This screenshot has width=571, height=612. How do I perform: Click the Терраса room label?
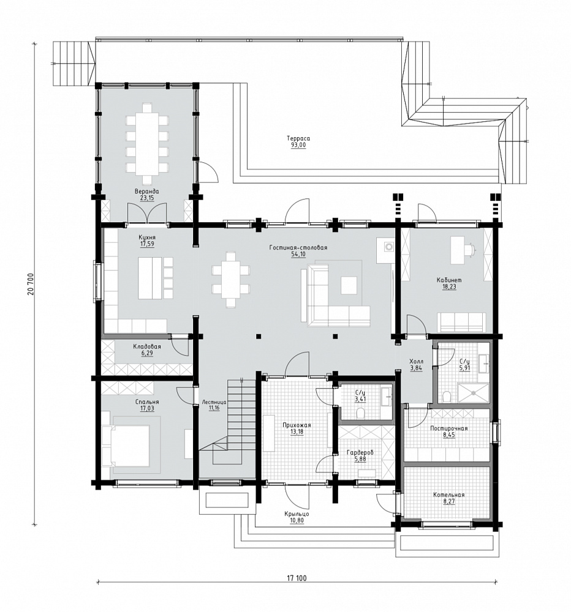tap(298, 138)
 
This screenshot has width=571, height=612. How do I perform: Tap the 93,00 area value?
tap(298, 145)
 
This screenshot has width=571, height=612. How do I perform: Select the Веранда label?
tap(146, 192)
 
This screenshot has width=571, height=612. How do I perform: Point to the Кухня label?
tap(147, 237)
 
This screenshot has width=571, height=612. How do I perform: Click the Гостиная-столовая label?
tap(298, 247)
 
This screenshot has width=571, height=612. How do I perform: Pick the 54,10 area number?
tap(298, 254)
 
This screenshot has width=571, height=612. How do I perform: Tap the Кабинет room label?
tap(449, 280)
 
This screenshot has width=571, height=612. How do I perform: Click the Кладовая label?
tap(147, 346)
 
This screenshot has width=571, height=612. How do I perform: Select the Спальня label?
tap(147, 402)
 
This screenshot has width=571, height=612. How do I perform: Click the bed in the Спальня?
tap(126, 446)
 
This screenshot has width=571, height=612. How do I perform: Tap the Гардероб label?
tap(360, 453)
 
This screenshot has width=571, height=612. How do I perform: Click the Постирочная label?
tap(449, 428)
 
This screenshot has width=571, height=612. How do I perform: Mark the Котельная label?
tap(449, 495)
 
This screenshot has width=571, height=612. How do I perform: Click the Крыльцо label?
tap(297, 514)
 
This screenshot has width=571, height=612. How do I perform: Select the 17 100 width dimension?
tap(297, 578)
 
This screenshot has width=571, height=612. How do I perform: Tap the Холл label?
tap(416, 362)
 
